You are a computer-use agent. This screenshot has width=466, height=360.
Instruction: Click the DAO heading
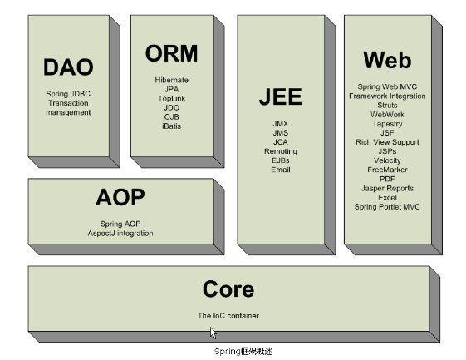pos(68,67)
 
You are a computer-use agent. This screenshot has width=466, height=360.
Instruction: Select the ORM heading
pos(171,53)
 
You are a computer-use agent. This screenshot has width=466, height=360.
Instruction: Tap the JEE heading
pos(281,96)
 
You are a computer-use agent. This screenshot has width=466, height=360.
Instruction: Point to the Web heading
pos(387,60)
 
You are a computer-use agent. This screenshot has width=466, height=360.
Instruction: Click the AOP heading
pos(120,197)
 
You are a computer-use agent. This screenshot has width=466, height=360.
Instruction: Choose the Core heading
pos(228,288)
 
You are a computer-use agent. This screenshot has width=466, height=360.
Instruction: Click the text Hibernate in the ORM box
pos(171,80)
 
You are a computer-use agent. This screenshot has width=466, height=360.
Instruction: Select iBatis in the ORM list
pos(171,126)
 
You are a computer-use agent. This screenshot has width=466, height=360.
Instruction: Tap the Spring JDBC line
pos(68,94)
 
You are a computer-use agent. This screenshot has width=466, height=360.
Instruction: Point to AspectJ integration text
pos(120,234)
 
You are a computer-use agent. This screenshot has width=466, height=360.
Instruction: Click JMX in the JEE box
pos(281,124)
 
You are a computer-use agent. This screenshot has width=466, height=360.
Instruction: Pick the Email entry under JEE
pos(281,170)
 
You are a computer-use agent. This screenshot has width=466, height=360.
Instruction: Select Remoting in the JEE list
pos(281,151)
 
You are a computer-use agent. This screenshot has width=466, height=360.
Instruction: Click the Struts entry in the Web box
pos(387,106)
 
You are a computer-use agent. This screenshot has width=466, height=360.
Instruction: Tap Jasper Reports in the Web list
pos(387,189)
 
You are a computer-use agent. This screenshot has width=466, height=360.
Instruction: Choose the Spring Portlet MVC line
pos(387,207)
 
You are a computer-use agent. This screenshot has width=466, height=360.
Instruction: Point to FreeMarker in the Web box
pos(387,170)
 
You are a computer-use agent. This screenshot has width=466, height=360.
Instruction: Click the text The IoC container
pos(228,316)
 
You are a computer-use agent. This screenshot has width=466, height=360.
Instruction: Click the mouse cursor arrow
pos(213,333)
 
